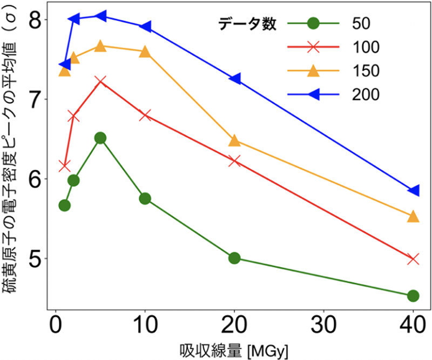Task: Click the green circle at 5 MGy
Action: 100,138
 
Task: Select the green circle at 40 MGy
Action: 413,296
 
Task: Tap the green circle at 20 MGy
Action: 234,258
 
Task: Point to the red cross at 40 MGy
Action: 413,259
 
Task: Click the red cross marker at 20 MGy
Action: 234,161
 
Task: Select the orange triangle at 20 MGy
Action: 234,141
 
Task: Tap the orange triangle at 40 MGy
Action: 413,216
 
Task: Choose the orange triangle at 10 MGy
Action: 145,52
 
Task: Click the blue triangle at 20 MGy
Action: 234,79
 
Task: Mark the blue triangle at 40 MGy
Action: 413,190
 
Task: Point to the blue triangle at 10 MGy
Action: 145,26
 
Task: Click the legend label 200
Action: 367,95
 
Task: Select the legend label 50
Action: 361,24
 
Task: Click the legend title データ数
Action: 248,24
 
